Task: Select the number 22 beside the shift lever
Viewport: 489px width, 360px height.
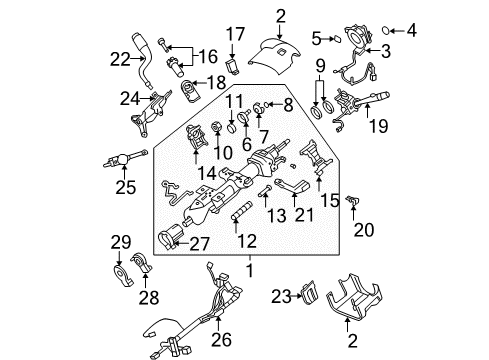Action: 119,59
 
